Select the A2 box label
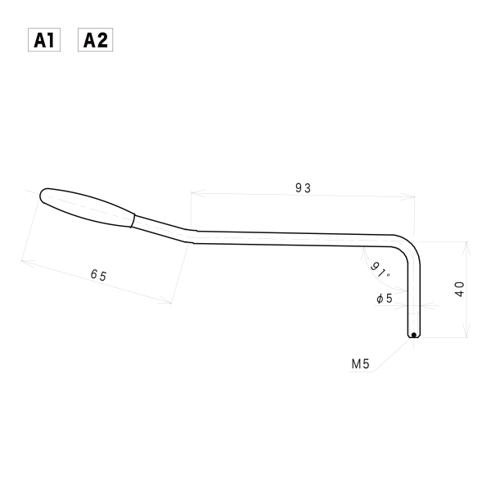click(95, 40)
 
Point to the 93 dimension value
click(303, 187)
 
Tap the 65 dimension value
click(98, 275)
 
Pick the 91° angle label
click(381, 268)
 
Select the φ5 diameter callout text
click(384, 299)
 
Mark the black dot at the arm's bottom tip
click(414, 334)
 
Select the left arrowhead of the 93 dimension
click(193, 194)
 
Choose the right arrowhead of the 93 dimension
click(412, 196)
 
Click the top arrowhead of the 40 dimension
click(466, 244)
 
